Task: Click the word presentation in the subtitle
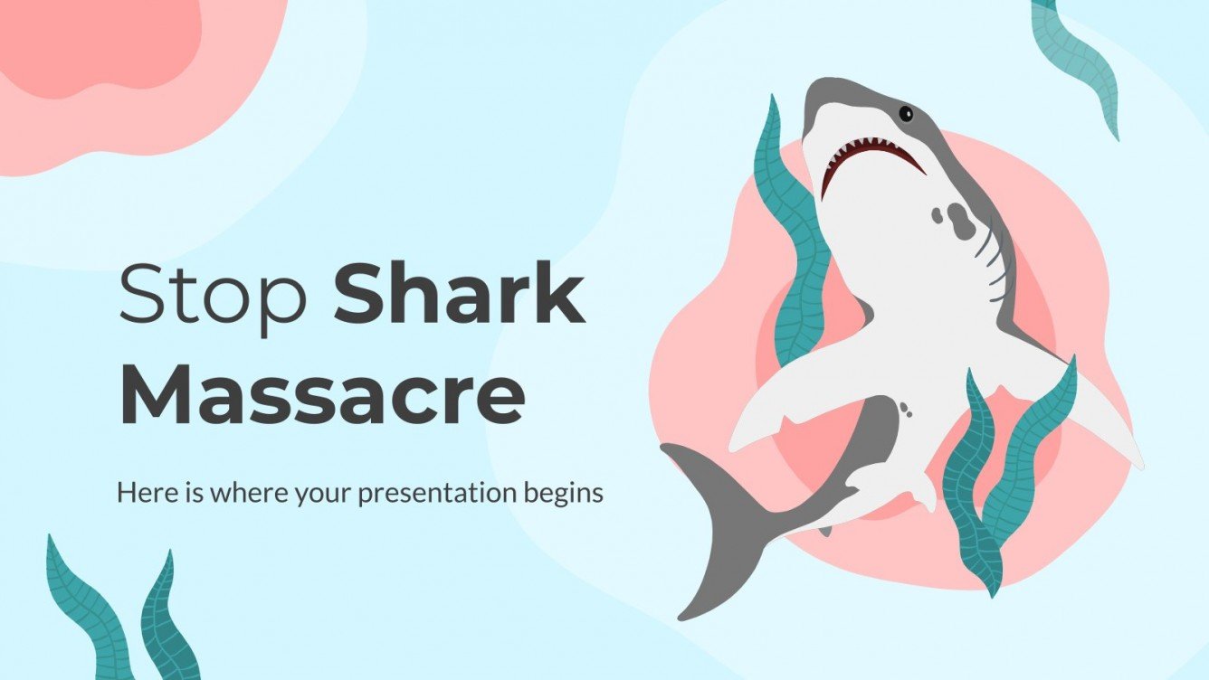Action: [442, 494]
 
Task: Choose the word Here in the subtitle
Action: [138, 493]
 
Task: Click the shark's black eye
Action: [904, 113]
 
